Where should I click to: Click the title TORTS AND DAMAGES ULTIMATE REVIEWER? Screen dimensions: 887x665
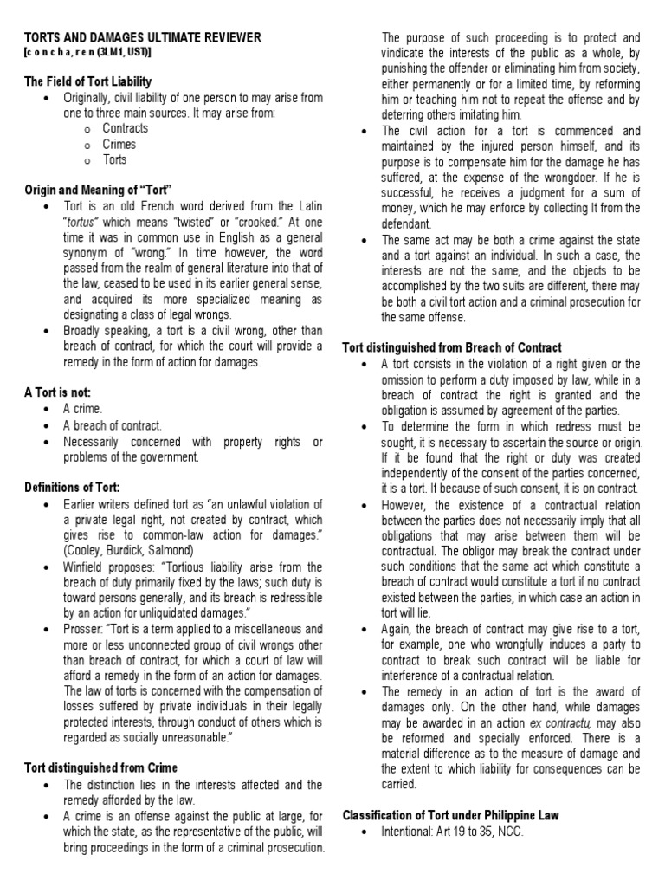pyautogui.click(x=140, y=38)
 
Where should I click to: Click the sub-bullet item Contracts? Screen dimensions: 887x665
pyautogui.click(x=125, y=128)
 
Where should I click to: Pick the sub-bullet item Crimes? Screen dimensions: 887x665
pyautogui.click(x=119, y=144)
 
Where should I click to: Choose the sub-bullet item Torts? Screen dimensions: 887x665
pyautogui.click(x=114, y=159)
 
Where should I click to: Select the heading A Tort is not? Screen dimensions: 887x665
pyautogui.click(x=56, y=392)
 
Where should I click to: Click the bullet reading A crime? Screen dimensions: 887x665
pyautogui.click(x=82, y=408)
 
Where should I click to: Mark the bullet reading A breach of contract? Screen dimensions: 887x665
pyautogui.click(x=112, y=424)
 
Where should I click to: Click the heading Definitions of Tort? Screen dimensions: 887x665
pyautogui.click(x=72, y=488)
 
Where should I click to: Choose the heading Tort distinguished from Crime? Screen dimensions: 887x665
pyautogui.click(x=100, y=767)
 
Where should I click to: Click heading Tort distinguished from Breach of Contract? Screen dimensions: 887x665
pyautogui.click(x=452, y=347)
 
